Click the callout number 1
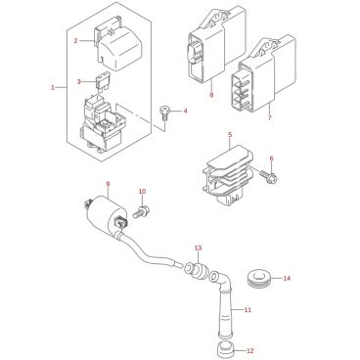53,87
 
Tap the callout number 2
75,40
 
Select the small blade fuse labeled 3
101,83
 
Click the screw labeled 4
164,113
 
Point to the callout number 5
230,134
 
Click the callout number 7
269,117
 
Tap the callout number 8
211,95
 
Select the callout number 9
108,184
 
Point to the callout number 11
247,309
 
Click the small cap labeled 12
226,349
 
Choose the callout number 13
199,247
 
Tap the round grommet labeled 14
257,278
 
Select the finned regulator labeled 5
229,175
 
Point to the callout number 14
287,278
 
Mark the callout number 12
249,351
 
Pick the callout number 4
185,111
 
